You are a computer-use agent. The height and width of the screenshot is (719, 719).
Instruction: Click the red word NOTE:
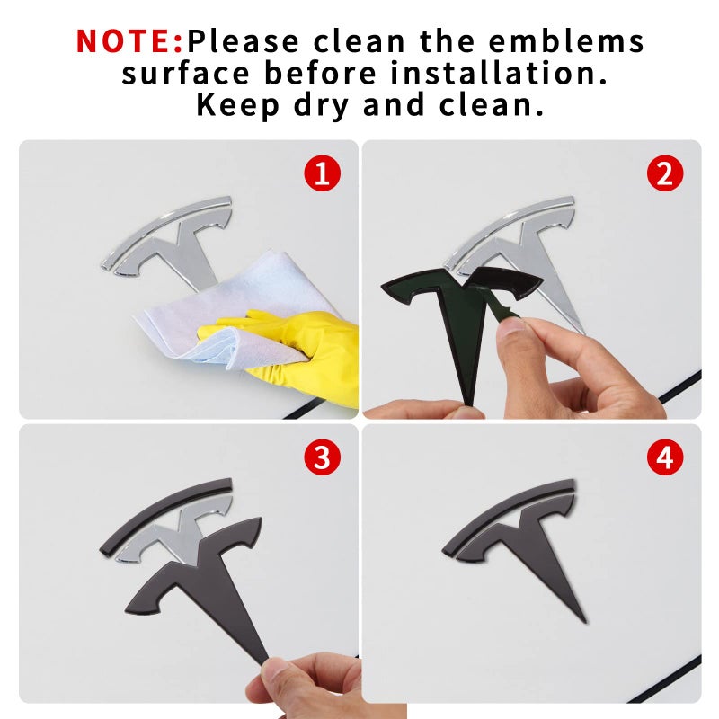pos(129,41)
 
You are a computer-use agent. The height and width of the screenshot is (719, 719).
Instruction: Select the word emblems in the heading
pos(566,41)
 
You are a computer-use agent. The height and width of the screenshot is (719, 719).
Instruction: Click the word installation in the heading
pos(499,74)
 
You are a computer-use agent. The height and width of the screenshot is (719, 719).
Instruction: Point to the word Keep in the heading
pos(237,105)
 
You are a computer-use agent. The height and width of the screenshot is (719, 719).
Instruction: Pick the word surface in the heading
pos(186,74)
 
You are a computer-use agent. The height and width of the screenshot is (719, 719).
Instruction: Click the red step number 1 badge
pos(323,173)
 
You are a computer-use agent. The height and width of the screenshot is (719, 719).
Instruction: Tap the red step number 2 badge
pos(665,173)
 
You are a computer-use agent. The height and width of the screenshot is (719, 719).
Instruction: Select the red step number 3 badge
pos(323,457)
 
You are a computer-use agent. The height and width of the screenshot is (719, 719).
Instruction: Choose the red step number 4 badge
pos(665,457)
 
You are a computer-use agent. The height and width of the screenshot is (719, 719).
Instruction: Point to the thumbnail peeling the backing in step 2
pos(512,325)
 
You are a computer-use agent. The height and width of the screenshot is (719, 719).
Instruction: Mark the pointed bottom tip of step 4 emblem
pos(585,622)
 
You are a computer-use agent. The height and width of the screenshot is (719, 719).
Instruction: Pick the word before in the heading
pos(320,74)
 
